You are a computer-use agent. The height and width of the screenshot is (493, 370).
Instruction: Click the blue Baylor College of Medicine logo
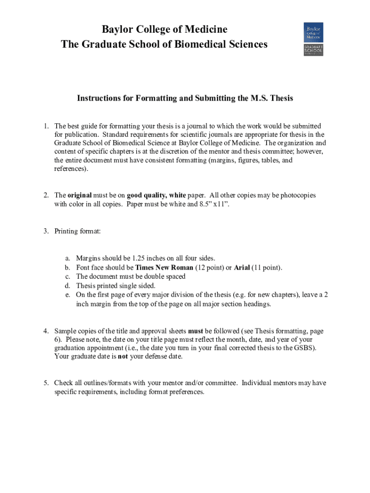tap(313, 32)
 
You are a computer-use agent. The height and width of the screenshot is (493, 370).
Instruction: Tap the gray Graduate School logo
tap(313, 50)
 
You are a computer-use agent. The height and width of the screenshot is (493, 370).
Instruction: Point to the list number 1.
tap(45, 126)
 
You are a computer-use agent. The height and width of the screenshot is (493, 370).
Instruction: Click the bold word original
tap(79, 195)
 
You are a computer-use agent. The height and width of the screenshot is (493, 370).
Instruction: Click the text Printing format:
tap(77, 231)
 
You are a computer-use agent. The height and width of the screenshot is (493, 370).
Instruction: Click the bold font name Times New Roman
tap(164, 268)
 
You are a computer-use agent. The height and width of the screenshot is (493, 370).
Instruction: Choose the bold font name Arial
tap(242, 268)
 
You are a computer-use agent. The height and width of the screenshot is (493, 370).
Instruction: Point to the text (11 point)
tap(267, 268)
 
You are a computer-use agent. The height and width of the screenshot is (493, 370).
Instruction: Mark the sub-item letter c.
tap(67, 276)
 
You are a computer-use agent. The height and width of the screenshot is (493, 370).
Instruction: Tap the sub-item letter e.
tap(67, 295)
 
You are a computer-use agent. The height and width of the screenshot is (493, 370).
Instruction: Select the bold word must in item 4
tap(195, 331)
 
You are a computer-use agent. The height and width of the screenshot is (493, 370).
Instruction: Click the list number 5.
tap(45, 383)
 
